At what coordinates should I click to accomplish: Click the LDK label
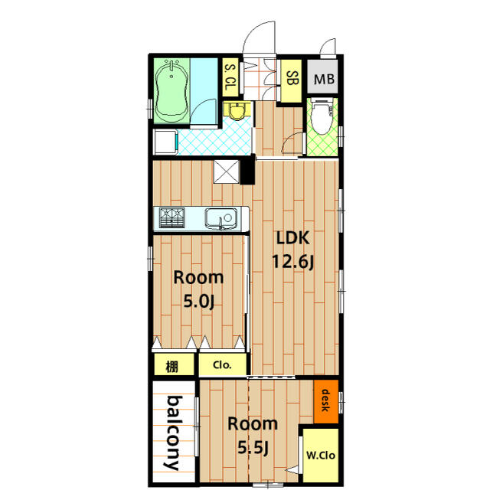tap(293, 238)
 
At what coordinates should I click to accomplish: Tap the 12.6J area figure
tap(292, 262)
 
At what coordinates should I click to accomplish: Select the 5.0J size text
tap(199, 301)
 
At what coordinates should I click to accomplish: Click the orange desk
tap(326, 401)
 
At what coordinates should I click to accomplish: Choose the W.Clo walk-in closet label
tap(321, 456)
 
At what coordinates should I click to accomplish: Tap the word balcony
tap(174, 433)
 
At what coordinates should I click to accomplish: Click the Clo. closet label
tap(222, 364)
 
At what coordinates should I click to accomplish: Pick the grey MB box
tap(322, 77)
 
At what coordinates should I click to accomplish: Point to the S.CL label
tap(230, 77)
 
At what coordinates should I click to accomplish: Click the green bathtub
tap(171, 91)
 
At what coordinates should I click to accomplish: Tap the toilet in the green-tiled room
tap(322, 116)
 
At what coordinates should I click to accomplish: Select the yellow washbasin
tap(237, 111)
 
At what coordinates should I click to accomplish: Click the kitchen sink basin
tap(220, 217)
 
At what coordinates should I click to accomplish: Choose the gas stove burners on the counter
tap(171, 217)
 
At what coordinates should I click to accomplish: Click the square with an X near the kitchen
tap(227, 171)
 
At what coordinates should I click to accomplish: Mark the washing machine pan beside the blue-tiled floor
tap(165, 142)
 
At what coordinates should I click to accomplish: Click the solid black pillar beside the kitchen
tap(247, 169)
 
